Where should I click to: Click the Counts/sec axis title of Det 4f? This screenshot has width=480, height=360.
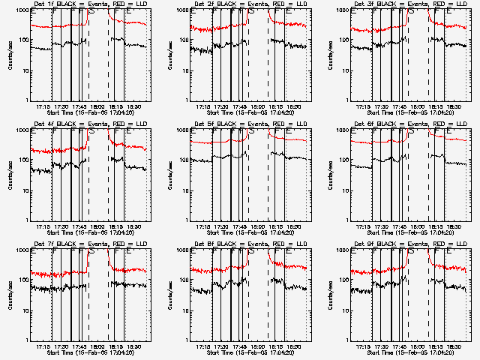[10, 174]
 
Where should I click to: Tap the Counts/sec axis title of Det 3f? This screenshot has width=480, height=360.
[330, 54]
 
